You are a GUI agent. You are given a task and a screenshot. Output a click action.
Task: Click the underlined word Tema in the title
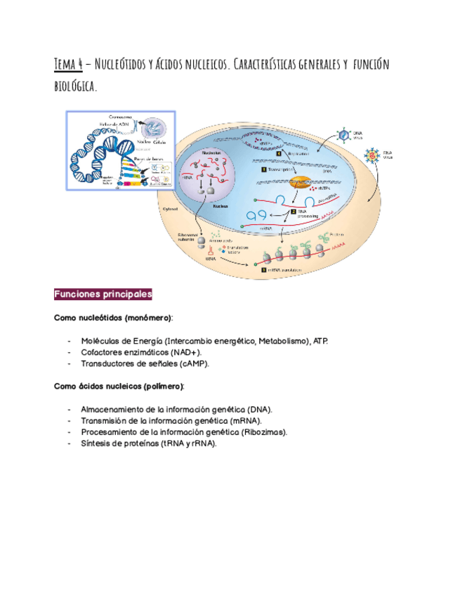tap(67, 65)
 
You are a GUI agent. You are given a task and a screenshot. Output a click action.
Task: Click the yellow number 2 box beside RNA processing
tap(293, 209)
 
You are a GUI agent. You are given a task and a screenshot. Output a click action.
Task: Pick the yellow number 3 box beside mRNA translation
tap(263, 269)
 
